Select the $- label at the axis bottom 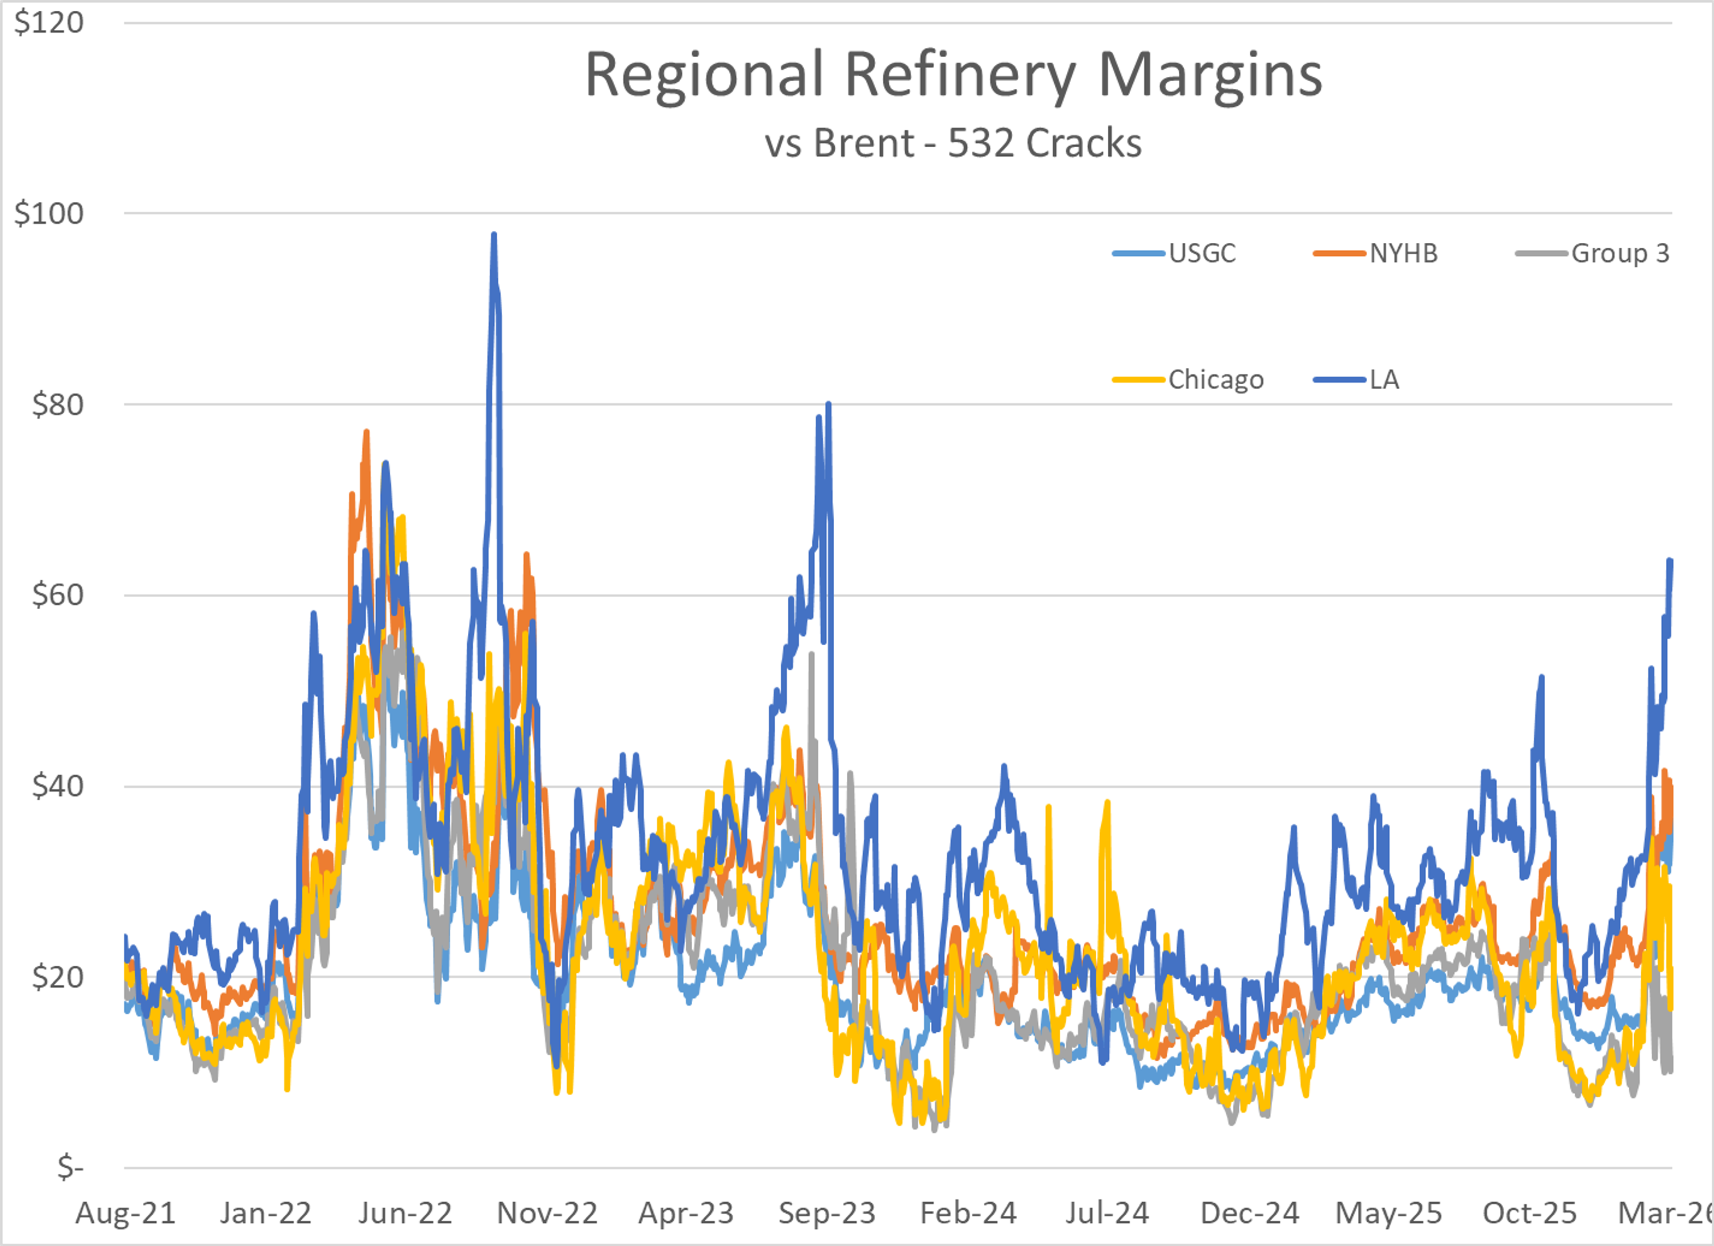click(x=70, y=1167)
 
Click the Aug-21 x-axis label click(x=125, y=1213)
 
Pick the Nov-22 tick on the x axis click(x=547, y=1213)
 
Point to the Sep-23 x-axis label click(x=827, y=1213)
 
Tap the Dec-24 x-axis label click(x=1249, y=1213)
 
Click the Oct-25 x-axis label click(x=1530, y=1213)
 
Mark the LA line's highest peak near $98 click(x=494, y=235)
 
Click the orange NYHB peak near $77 click(x=366, y=432)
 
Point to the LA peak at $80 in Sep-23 click(x=828, y=405)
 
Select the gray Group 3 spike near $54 click(x=811, y=654)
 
